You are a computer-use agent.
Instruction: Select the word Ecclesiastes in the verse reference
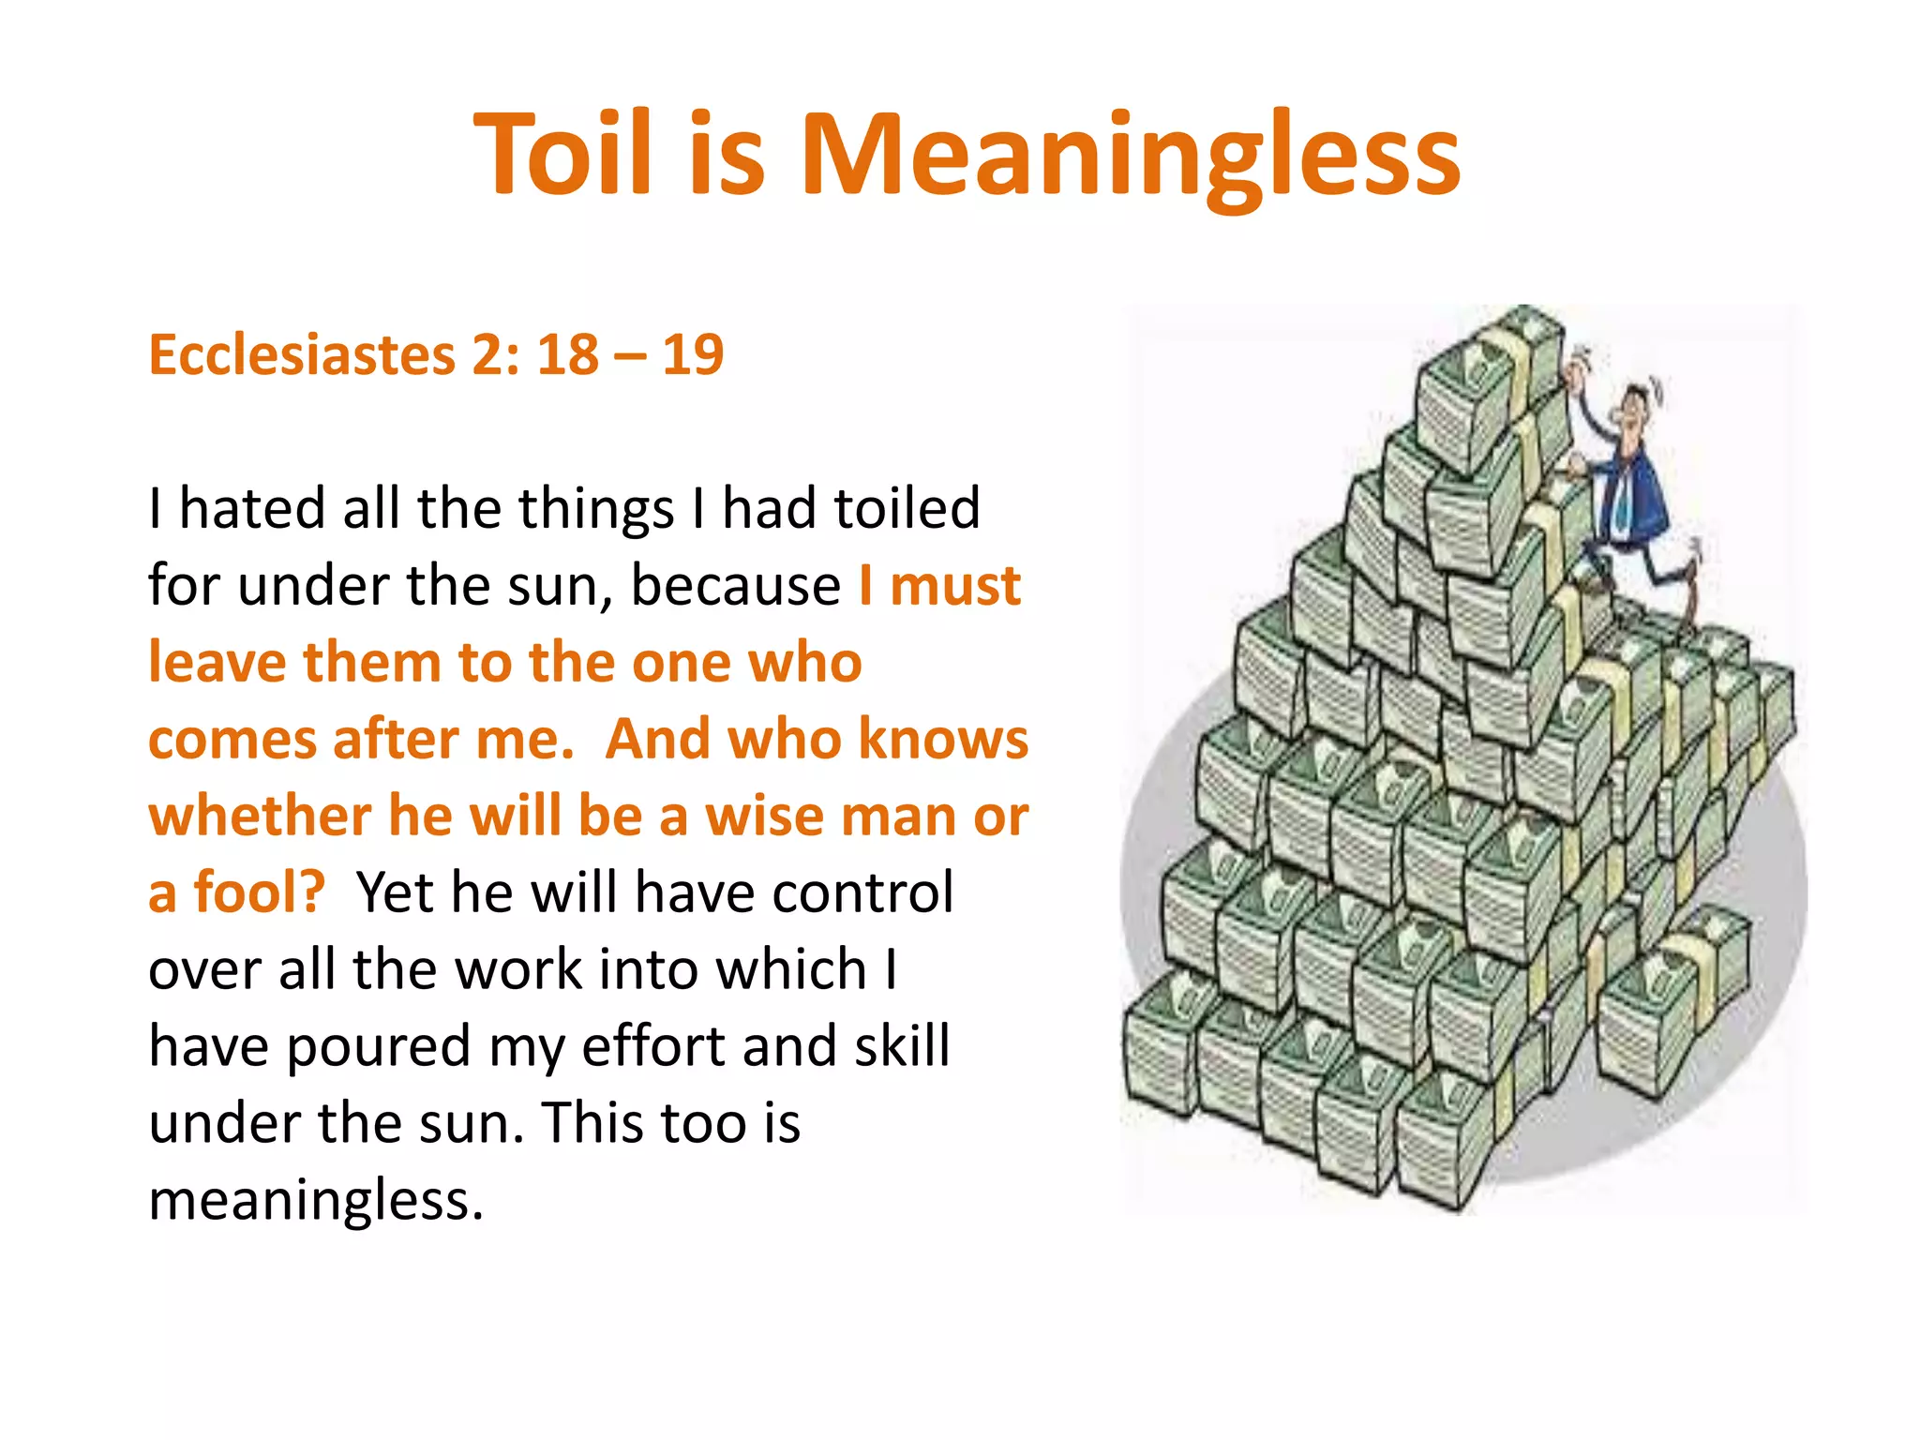click(x=301, y=355)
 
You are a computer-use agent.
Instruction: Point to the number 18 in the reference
click(x=568, y=355)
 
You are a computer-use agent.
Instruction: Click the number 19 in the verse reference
click(x=693, y=355)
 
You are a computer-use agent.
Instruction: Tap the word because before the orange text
click(x=736, y=587)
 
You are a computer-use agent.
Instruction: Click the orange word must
click(x=954, y=587)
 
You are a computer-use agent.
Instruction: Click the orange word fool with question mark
click(x=259, y=892)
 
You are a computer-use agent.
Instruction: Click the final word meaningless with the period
click(x=316, y=1200)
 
